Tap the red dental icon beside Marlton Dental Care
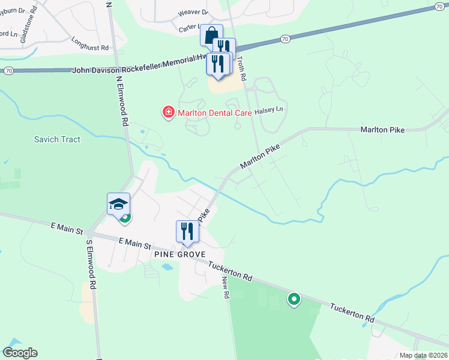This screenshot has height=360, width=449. [169, 112]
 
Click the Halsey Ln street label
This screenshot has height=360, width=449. [268, 110]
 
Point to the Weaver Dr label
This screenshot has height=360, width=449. [193, 12]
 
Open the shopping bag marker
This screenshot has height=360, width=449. [211, 35]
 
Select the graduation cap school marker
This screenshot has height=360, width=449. [118, 204]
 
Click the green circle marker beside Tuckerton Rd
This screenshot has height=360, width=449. [294, 298]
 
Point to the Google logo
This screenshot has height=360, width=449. [20, 353]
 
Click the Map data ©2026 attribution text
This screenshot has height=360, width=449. [423, 355]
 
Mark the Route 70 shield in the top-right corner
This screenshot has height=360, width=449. [440, 5]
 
